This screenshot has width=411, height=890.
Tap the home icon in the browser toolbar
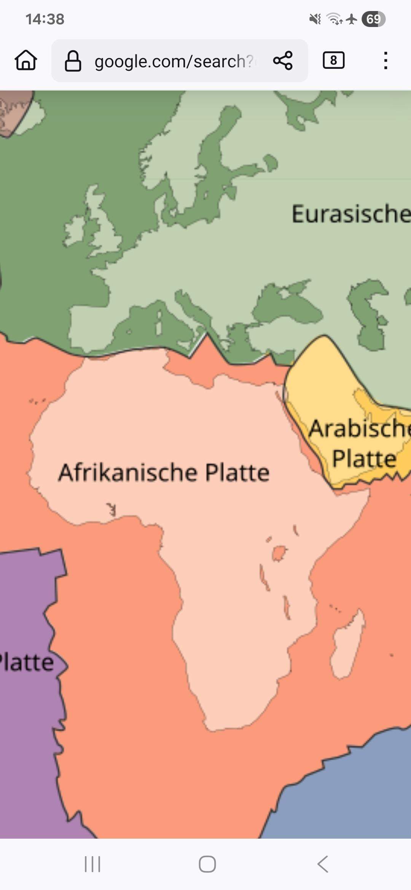[x=26, y=60]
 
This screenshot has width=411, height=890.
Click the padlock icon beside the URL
[x=73, y=61]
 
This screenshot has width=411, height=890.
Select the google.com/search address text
[x=173, y=61]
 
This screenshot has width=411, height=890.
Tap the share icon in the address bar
[x=283, y=60]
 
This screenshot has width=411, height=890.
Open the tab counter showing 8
[x=333, y=60]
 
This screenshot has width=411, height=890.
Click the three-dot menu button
[x=386, y=60]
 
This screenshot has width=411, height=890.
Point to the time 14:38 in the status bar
[x=45, y=19]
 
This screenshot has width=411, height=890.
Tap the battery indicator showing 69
[x=373, y=19]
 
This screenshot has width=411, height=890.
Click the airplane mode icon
[x=352, y=19]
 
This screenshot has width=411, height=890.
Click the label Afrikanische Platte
[x=164, y=472]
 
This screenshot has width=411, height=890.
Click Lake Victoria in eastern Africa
[x=280, y=552]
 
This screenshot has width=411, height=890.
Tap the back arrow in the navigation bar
[x=322, y=864]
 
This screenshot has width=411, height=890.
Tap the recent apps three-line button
[x=92, y=864]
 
